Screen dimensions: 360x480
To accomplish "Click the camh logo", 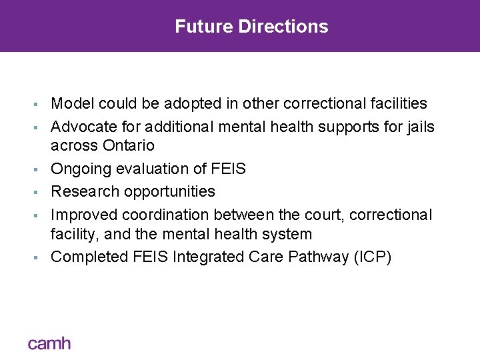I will (49, 344).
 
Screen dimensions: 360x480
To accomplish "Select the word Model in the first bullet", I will (71, 103).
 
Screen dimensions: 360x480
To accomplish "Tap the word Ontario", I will (129, 146).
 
